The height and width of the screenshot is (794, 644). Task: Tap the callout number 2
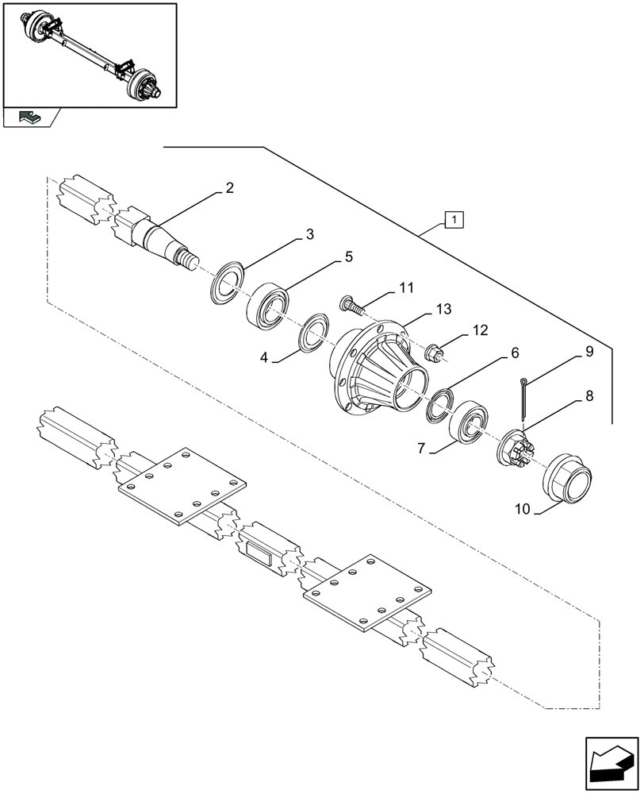coord(229,188)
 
